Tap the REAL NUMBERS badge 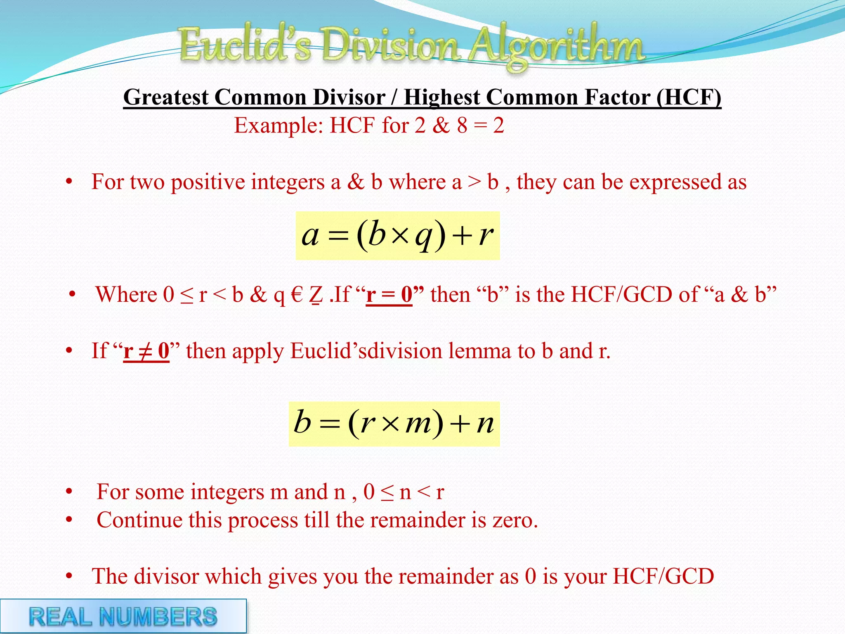coord(123,616)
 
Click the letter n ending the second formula coord(485,424)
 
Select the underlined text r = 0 coord(389,295)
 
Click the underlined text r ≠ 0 coord(146,351)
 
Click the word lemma coord(480,351)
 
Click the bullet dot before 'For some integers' coord(69,492)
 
